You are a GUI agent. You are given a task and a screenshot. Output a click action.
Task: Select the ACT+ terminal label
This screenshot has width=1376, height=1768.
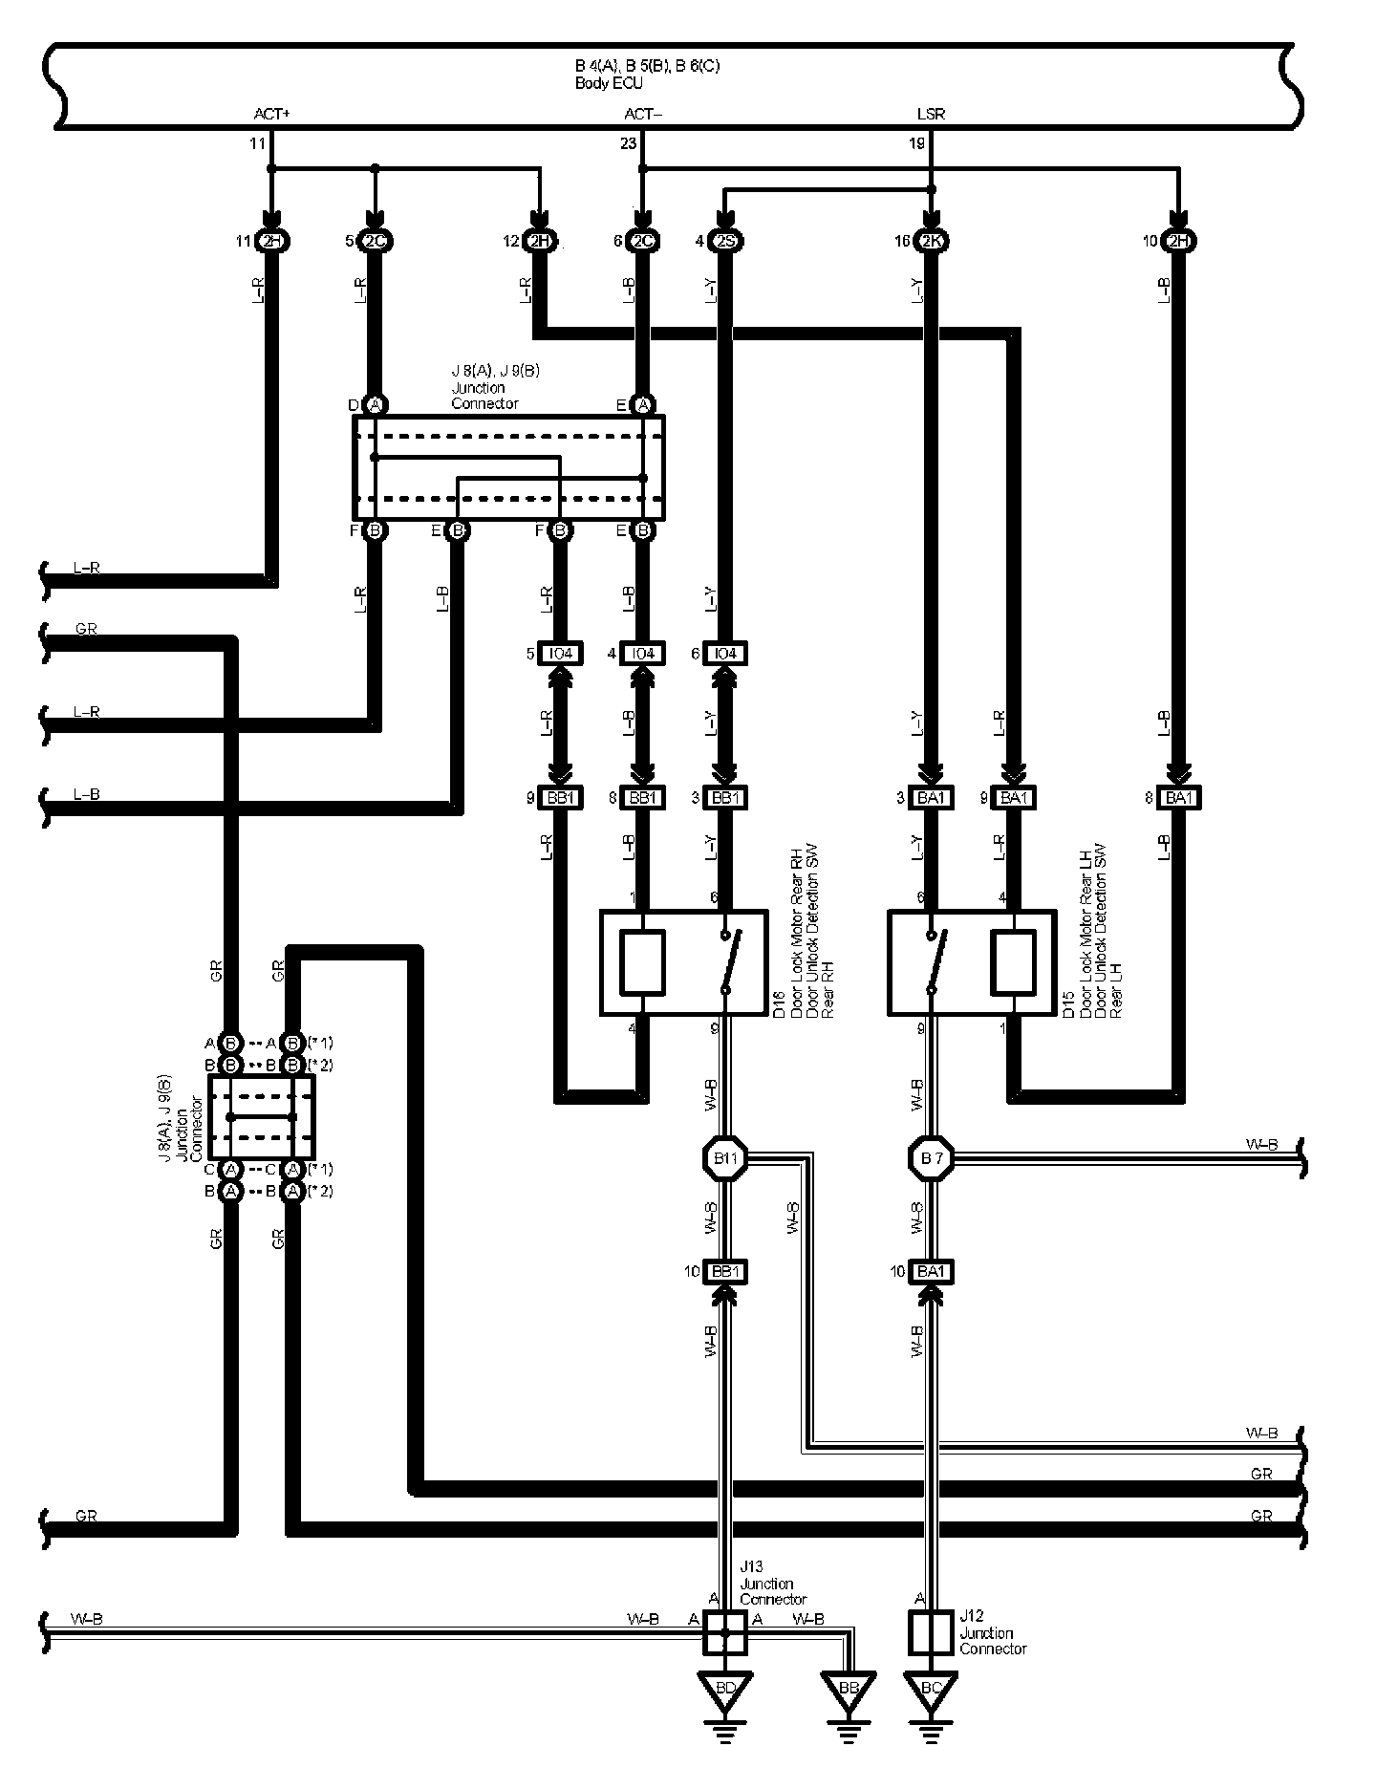271,114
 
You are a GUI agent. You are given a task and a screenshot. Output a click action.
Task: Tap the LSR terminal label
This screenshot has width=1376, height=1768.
931,114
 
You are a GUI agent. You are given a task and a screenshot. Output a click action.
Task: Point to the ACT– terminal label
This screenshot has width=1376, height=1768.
643,114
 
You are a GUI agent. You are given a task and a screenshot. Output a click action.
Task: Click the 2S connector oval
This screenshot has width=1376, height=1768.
725,241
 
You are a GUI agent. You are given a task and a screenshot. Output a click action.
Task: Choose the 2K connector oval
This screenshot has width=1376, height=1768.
932,241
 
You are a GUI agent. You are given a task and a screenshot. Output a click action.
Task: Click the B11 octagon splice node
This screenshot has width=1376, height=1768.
725,1159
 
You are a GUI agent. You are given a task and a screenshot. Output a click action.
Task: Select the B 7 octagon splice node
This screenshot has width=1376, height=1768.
931,1159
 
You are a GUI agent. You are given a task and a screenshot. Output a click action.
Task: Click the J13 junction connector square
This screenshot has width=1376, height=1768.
725,1633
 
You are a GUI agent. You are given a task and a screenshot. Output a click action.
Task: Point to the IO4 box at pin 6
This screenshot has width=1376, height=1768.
725,654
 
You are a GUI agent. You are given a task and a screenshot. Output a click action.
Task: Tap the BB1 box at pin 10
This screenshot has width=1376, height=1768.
725,1271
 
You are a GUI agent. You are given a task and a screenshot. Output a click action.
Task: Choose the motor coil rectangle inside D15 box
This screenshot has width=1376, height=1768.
1014,961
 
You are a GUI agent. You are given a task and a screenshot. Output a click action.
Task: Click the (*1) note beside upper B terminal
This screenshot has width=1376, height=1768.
320,1042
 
